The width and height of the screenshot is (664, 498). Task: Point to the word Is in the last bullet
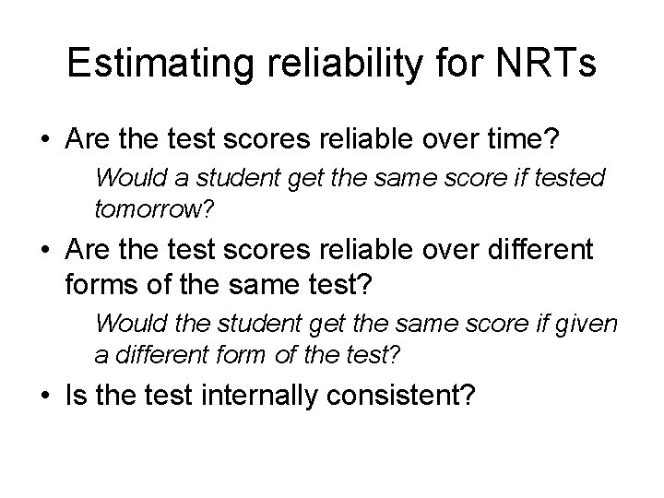77,396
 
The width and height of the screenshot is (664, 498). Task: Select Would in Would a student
125,177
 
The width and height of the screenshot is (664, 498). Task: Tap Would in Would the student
125,324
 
